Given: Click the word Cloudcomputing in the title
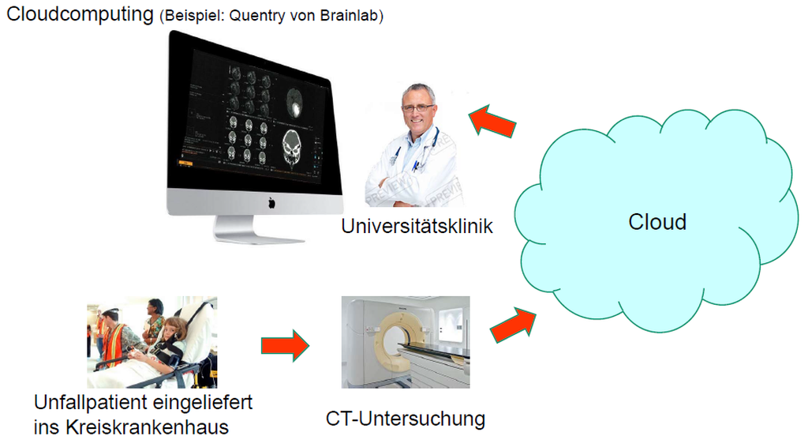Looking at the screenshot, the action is [80, 14].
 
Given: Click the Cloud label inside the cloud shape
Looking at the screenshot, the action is [657, 222].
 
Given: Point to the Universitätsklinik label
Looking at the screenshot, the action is [417, 226].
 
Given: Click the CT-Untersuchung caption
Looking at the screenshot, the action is [406, 419].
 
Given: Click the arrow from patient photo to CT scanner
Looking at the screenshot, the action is [285, 345].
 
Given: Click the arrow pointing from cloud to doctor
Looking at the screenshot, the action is [492, 122].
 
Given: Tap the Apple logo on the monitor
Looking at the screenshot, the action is [271, 203].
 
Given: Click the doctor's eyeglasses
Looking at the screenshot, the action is [418, 108].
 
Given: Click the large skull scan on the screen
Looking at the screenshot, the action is [292, 148].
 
